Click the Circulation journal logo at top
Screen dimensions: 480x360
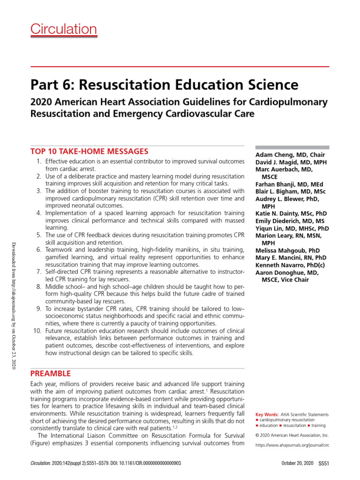pyautogui.click(x=64, y=29)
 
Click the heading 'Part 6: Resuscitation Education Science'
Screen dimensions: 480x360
pyautogui.click(x=165, y=84)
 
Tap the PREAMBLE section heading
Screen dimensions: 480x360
pyautogui.click(x=51, y=374)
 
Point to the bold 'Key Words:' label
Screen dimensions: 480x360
pyautogui.click(x=267, y=415)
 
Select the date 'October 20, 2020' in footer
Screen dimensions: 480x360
pyautogui.click(x=297, y=463)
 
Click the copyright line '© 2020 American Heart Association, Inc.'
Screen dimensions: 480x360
pyautogui.click(x=292, y=435)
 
